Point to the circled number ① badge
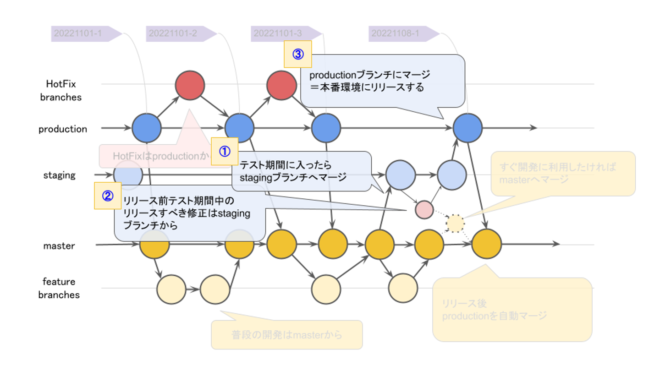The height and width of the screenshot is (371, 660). pos(224,151)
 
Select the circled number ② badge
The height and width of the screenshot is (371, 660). pos(107,196)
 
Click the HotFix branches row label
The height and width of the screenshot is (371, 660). pos(60,90)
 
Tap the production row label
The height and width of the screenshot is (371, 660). pos(63,129)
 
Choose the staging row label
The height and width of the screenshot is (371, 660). pos(60,175)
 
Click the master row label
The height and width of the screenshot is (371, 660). pos(59,246)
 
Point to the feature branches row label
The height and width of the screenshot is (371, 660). pos(59,288)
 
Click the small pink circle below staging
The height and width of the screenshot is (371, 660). pos(424,209)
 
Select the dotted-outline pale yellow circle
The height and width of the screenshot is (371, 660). pos(455,223)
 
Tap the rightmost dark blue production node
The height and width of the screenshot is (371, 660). pos(467,128)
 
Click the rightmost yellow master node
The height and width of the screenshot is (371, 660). pos(486,244)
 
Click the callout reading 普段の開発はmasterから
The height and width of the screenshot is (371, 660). pos(287,335)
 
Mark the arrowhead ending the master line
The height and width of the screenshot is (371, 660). pos(556,244)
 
